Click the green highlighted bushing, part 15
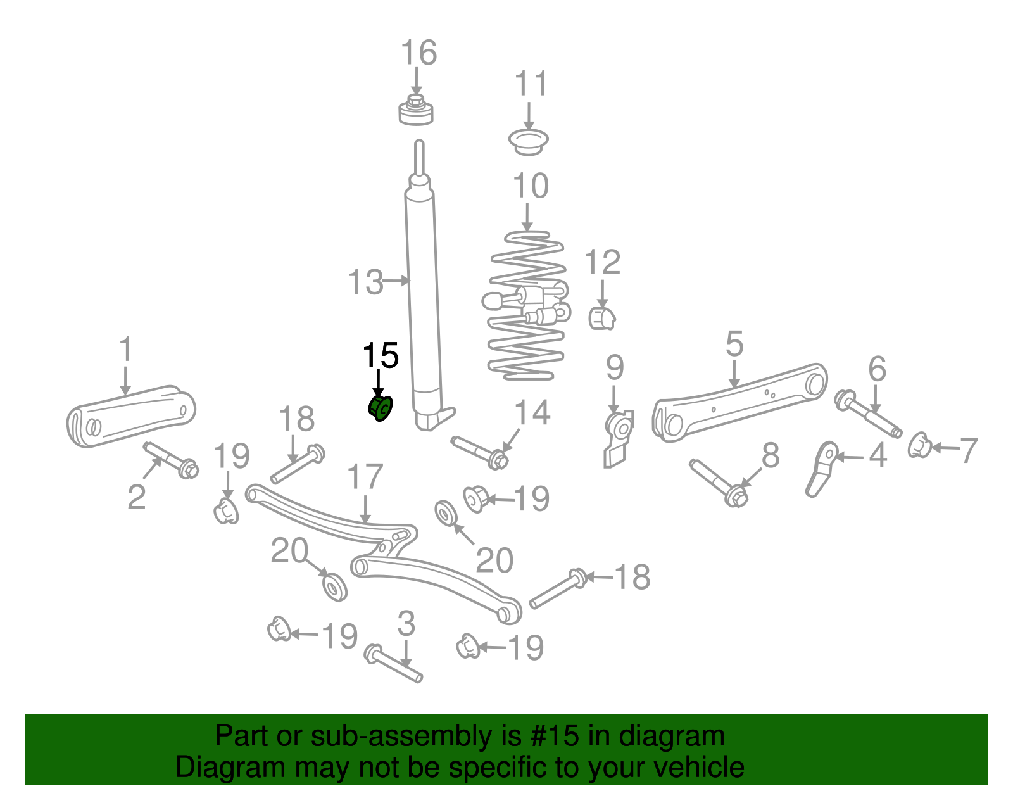pos(381,408)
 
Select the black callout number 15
pos(380,355)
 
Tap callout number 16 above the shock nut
pos(418,53)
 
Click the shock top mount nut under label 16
pos(416,111)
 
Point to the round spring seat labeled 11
pos(529,141)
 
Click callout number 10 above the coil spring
pos(530,186)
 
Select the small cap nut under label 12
pos(601,318)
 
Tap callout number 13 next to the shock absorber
pos(365,282)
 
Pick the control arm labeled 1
pos(130,415)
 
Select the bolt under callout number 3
pos(394,664)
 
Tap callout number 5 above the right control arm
pos(734,344)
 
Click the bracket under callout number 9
pos(617,437)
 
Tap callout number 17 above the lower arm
pos(365,478)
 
